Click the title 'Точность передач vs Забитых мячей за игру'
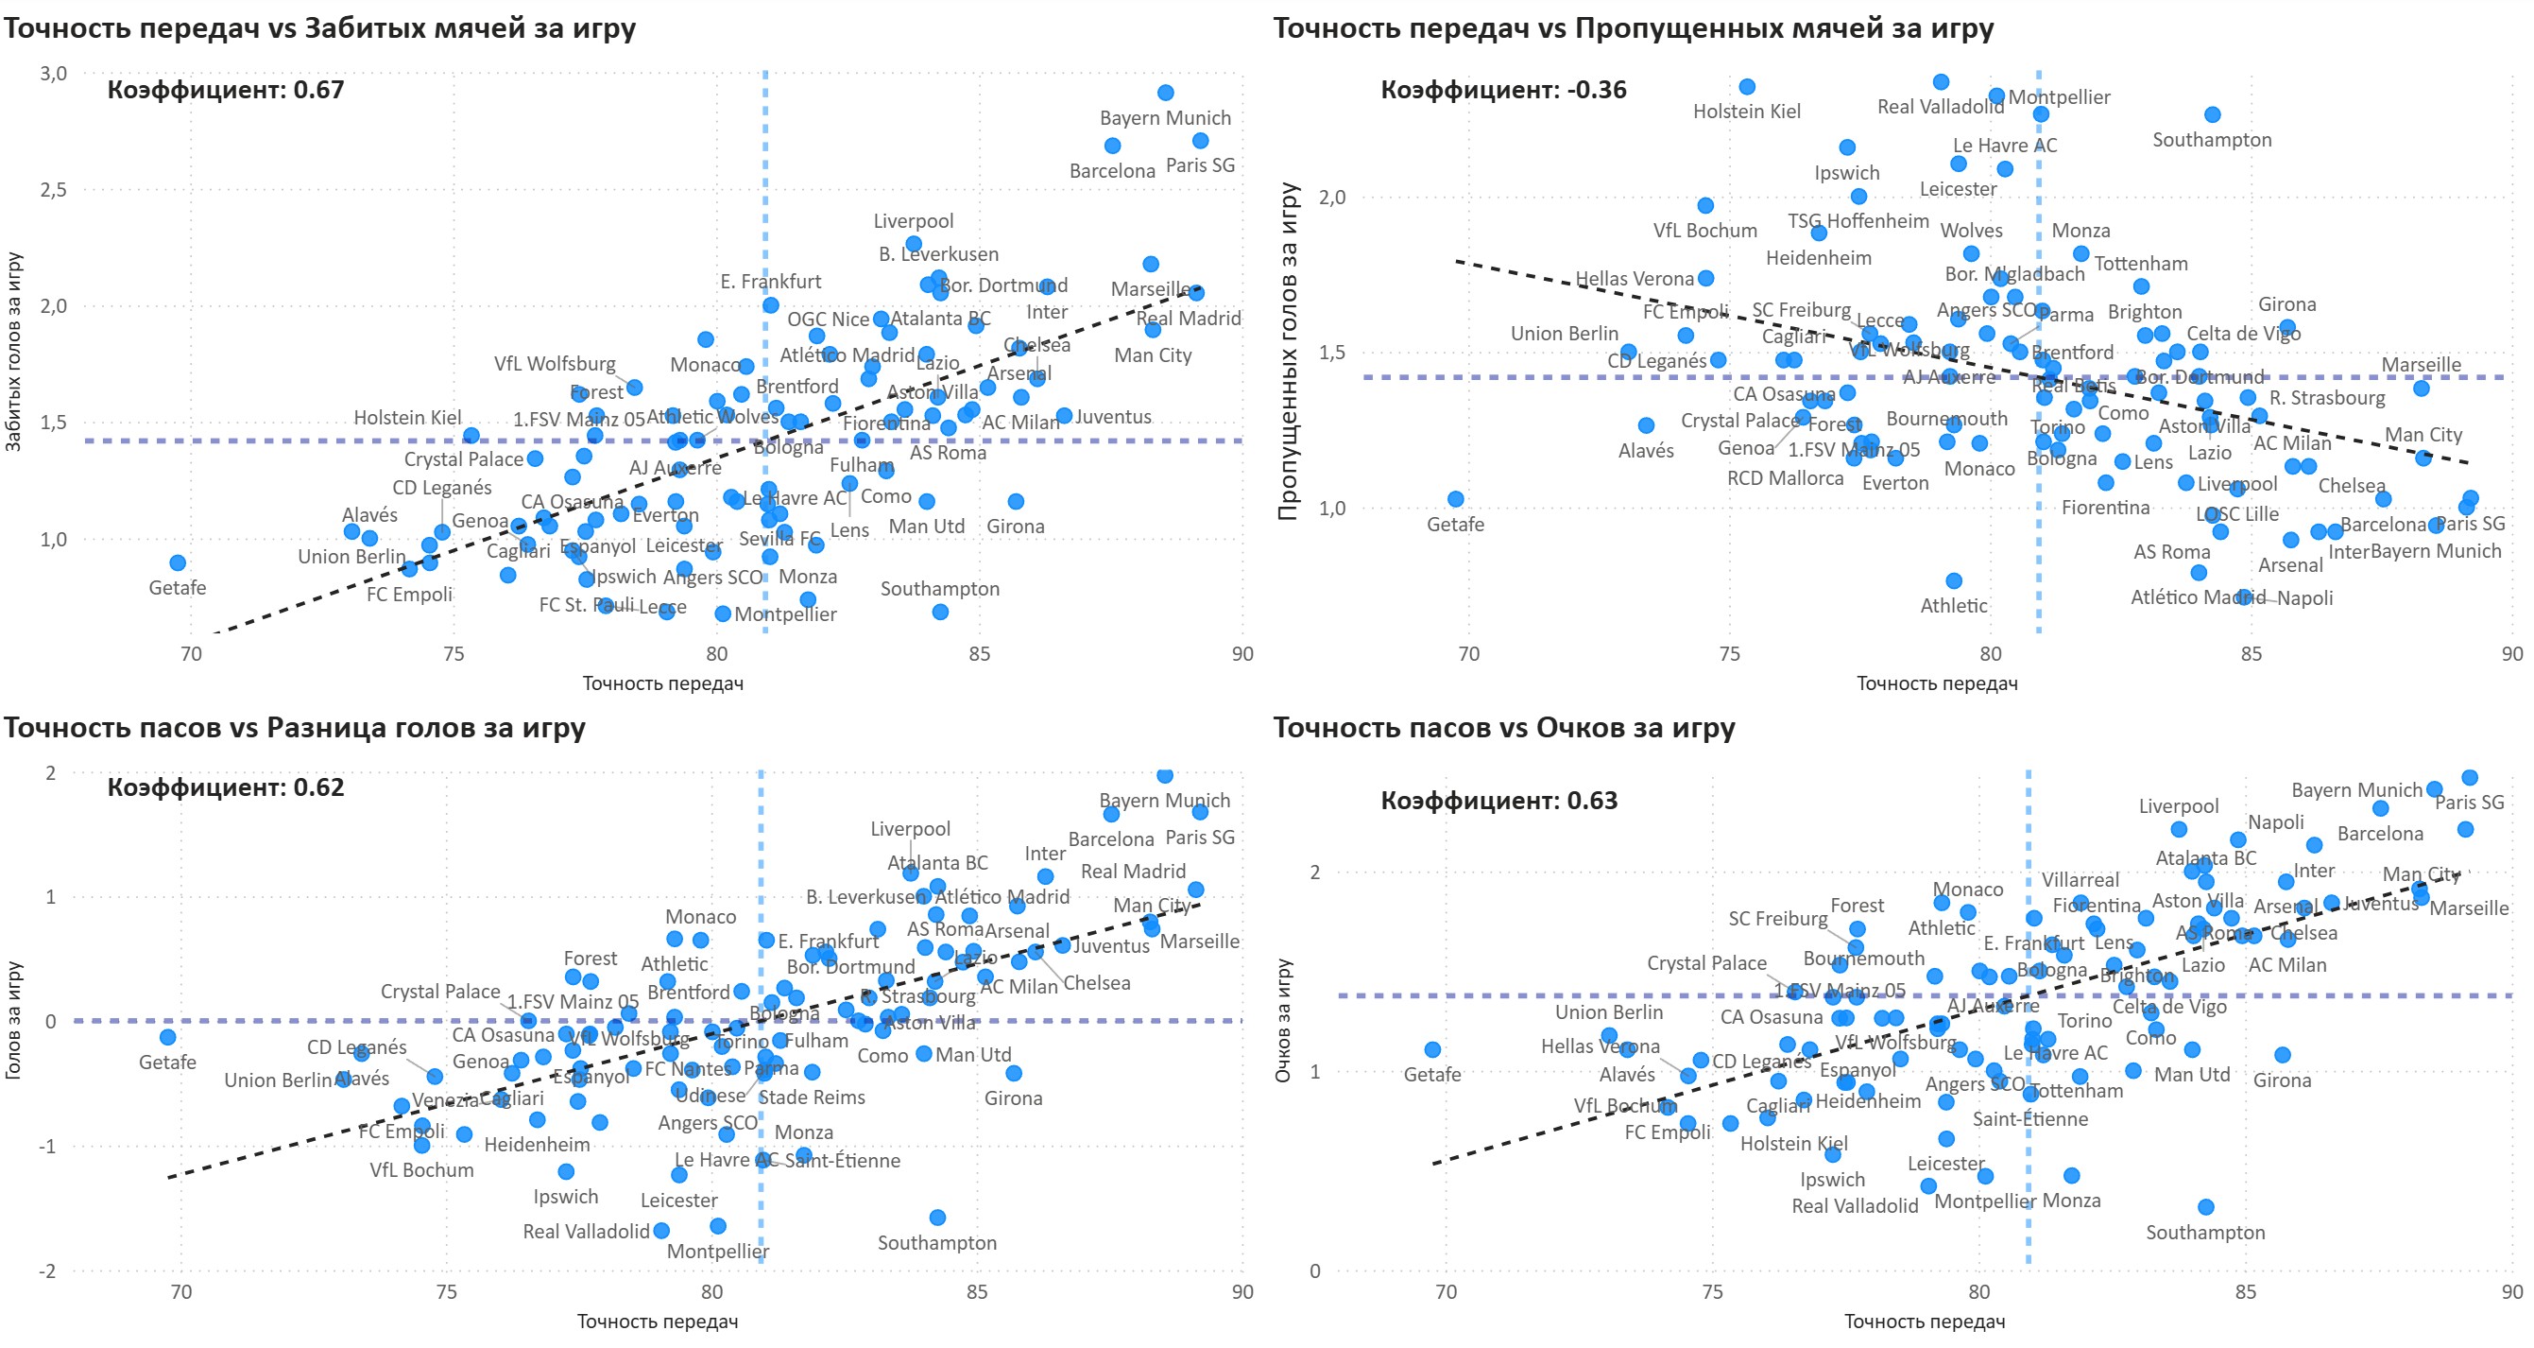point(319,27)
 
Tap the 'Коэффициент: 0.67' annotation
point(225,90)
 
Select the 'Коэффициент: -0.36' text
point(1503,90)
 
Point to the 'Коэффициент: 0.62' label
point(225,787)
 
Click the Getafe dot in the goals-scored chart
point(177,562)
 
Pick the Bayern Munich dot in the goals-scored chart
point(1166,93)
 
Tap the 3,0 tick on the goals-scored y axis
point(53,74)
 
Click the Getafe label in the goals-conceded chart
point(1455,525)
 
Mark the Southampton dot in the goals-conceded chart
point(2213,115)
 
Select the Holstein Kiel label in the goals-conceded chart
point(1746,112)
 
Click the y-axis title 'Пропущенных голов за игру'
point(1288,352)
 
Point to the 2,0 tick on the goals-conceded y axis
point(1332,197)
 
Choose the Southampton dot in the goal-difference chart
point(937,1218)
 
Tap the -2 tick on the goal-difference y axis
point(47,1271)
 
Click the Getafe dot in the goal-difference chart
point(167,1037)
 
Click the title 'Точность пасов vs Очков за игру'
point(1504,727)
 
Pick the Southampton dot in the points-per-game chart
point(2205,1207)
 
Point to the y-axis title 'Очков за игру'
point(1283,1020)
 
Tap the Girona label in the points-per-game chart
point(2281,1080)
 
